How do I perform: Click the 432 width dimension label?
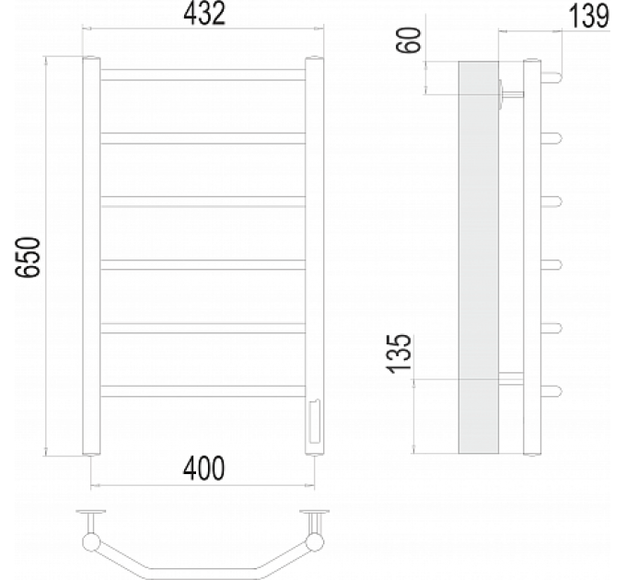[x=204, y=14]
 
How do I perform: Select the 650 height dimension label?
[x=28, y=257]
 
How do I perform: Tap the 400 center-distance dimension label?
[x=203, y=469]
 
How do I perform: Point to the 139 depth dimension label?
[x=588, y=17]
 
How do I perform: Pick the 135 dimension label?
[x=399, y=354]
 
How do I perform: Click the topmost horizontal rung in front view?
[x=203, y=75]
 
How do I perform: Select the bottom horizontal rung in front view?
[x=203, y=391]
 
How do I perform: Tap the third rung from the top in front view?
[x=203, y=202]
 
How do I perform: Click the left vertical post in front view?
[x=91, y=256]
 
